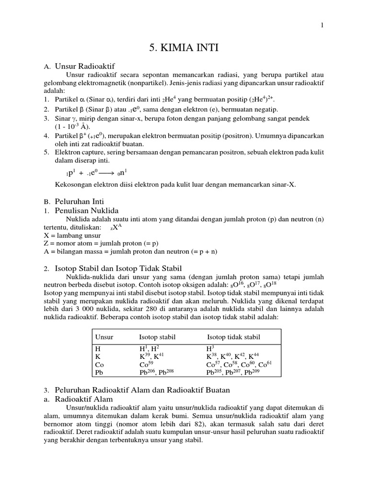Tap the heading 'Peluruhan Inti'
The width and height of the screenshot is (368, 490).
tap(80, 201)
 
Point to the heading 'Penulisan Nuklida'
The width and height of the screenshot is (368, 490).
tap(87, 211)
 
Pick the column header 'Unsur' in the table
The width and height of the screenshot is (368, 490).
tap(104, 337)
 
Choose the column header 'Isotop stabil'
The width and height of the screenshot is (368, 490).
tap(155, 337)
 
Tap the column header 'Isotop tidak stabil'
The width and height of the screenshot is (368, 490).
tap(233, 337)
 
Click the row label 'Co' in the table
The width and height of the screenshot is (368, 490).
tap(100, 364)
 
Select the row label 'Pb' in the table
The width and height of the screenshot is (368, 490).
tap(100, 372)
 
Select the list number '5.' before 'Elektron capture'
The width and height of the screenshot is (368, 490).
tap(46, 153)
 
